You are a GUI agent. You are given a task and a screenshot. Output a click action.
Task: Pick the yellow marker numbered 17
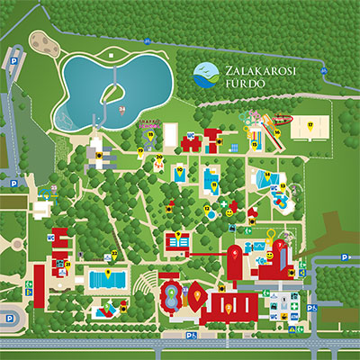tap(310, 124)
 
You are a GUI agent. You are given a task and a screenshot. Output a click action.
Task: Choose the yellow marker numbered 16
tap(278, 132)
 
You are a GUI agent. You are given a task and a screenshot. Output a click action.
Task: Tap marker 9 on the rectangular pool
tap(109, 272)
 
